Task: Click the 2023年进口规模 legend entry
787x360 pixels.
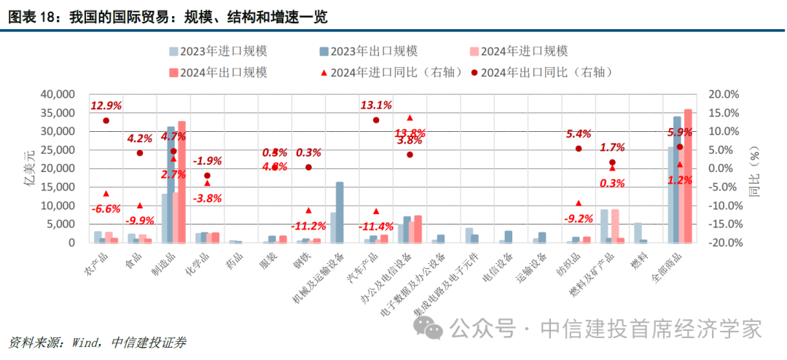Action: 218,52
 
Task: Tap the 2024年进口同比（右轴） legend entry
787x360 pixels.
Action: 386,72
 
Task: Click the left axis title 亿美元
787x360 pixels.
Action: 30,168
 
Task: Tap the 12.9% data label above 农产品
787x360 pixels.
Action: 106,106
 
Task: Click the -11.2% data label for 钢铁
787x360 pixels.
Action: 308,224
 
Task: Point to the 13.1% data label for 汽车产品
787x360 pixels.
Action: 376,106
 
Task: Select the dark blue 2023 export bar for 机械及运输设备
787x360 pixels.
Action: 340,212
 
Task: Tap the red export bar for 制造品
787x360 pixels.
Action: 181,182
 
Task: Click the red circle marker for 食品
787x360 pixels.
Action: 140,153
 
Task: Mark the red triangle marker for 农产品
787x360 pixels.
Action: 106,193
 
